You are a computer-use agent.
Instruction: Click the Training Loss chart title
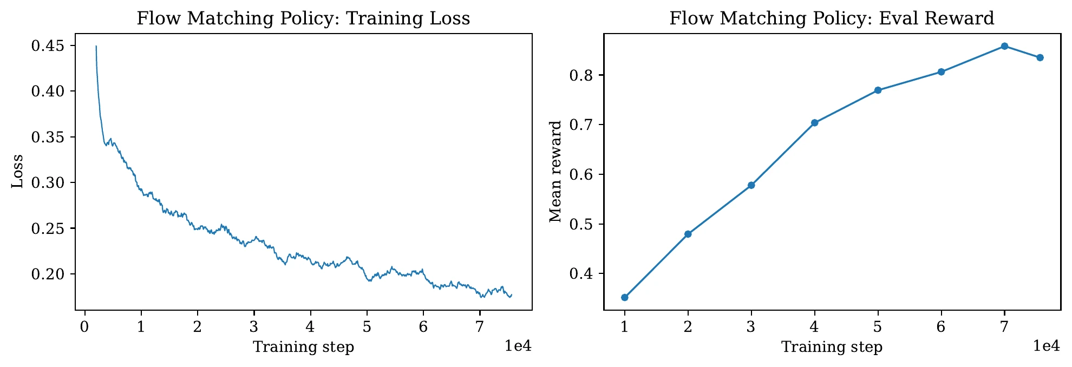pos(303,18)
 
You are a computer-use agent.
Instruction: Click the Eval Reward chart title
pos(832,18)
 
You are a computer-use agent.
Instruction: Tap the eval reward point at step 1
pos(625,297)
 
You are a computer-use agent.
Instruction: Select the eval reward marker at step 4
pos(814,123)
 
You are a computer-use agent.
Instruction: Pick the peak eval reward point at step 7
pos(1004,46)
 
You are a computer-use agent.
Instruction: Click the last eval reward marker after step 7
pos(1040,58)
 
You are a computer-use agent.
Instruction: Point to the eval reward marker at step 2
pos(688,234)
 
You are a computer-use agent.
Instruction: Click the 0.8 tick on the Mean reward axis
pos(581,75)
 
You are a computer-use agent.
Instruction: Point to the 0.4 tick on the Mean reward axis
pos(581,274)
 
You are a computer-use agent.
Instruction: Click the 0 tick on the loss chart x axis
pos(84,327)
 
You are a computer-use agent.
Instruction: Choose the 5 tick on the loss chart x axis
pos(367,327)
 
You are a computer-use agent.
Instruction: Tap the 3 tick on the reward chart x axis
pos(751,327)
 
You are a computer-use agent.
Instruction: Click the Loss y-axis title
pos(18,172)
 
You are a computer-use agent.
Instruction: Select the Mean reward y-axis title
pos(555,172)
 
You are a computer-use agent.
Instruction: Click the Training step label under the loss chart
pos(303,347)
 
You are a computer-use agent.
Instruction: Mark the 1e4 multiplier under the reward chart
pos(1046,346)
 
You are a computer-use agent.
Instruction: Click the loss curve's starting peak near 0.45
pos(96,47)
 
